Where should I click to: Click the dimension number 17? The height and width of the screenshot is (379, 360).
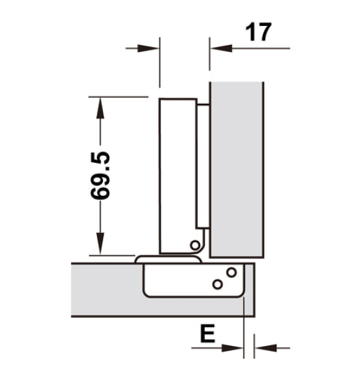pos(257,32)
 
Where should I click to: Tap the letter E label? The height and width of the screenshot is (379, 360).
pos(206,334)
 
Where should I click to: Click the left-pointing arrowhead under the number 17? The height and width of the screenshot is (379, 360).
pos(220,48)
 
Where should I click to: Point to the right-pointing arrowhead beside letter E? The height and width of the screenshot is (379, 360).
pos(234,347)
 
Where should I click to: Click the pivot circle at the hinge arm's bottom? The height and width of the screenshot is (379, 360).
pos(194,245)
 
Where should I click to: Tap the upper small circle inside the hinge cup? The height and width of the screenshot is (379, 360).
pos(231,272)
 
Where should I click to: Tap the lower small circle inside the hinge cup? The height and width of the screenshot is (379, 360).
pos(218,284)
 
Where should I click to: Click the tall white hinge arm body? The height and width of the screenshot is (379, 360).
pos(177,175)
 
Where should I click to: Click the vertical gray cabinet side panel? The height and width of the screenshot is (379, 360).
pos(236,168)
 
